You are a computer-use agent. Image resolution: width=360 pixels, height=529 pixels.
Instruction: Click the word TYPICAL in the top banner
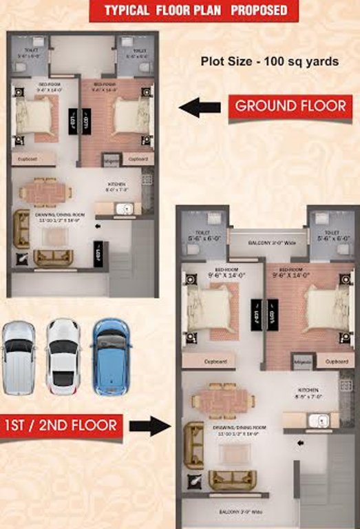click(127, 11)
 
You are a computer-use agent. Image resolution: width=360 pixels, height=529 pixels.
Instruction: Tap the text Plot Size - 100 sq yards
click(269, 61)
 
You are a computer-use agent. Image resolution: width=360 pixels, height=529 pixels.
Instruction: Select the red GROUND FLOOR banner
click(290, 107)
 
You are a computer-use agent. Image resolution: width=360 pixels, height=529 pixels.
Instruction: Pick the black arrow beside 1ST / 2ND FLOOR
click(149, 426)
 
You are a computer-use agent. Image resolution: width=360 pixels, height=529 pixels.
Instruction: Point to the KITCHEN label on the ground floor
click(114, 184)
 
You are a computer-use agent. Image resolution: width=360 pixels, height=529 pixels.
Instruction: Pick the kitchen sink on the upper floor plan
click(317, 420)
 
